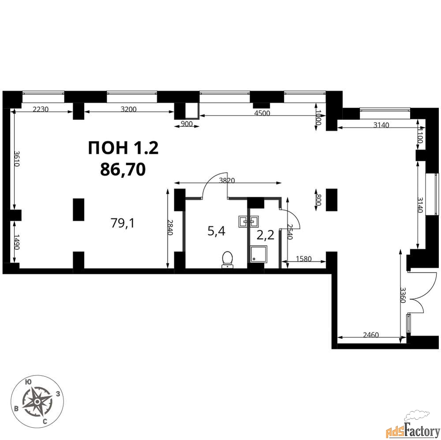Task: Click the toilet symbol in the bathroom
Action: click(x=227, y=259)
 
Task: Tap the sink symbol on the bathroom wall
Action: click(x=249, y=221)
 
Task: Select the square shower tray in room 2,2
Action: click(x=258, y=254)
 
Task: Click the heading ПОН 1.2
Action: click(x=123, y=148)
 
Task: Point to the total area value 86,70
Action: click(x=123, y=169)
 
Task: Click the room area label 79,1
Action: click(x=123, y=223)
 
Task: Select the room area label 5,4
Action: click(x=216, y=231)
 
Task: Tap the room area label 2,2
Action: click(x=265, y=235)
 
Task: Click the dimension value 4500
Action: click(x=262, y=113)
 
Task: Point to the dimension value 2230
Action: click(x=41, y=109)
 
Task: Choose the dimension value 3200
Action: click(x=128, y=109)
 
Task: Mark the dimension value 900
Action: click(x=187, y=124)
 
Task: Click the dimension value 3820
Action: click(x=227, y=181)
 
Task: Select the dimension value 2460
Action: click(x=371, y=335)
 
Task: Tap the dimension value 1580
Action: click(x=304, y=259)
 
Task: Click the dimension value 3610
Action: click(x=17, y=159)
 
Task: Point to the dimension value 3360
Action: click(x=404, y=295)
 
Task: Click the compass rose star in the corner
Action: click(x=37, y=402)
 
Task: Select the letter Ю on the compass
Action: click(x=28, y=381)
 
